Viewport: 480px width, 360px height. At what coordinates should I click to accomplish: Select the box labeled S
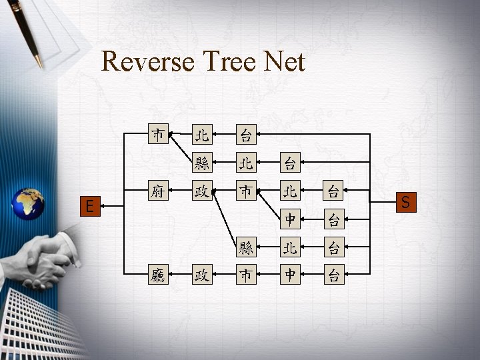(x=406, y=201)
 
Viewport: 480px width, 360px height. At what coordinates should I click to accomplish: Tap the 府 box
(x=158, y=193)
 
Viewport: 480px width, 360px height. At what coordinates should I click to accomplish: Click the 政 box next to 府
(x=202, y=193)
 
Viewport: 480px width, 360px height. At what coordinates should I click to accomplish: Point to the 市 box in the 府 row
(x=246, y=193)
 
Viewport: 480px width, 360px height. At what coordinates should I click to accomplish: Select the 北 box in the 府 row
(x=290, y=193)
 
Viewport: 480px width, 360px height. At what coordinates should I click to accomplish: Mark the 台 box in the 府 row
(x=334, y=193)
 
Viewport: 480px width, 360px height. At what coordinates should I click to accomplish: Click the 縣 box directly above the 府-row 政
(x=202, y=162)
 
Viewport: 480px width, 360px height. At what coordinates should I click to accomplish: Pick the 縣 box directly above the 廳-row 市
(x=246, y=249)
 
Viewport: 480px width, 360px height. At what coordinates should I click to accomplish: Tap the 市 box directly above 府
(x=158, y=135)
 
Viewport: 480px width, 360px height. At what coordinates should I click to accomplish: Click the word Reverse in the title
(x=147, y=62)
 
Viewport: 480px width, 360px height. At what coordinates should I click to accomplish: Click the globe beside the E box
(x=29, y=203)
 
